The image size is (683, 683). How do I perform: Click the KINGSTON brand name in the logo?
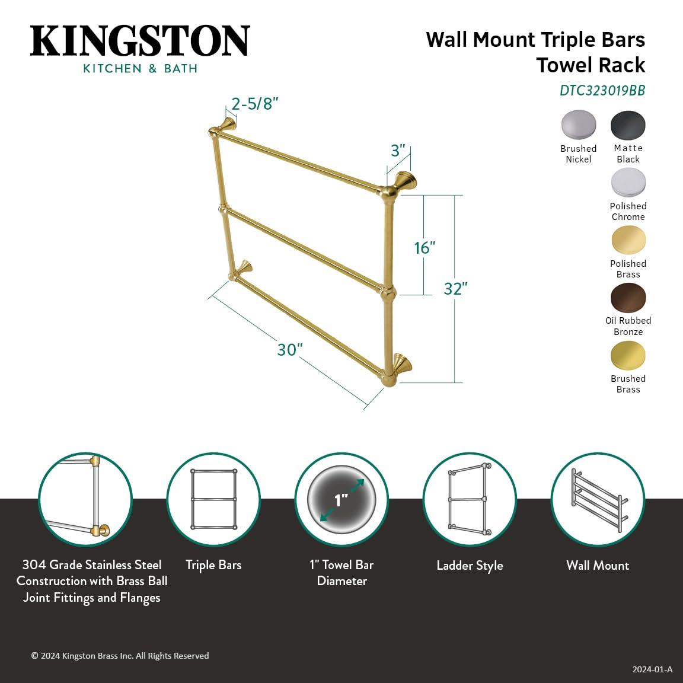pos(140,41)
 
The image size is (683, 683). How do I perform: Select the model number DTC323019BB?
pos(602,91)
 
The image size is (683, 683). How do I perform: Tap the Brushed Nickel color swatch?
pos(578,125)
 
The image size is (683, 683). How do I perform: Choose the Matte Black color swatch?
pos(628,125)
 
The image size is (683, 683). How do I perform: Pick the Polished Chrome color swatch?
pos(628,183)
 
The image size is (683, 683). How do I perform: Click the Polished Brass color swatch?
pos(628,240)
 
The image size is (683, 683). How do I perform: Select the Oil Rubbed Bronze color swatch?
pos(628,298)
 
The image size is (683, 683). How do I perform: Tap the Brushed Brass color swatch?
pos(628,355)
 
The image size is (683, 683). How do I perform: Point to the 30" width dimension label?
pos(290,350)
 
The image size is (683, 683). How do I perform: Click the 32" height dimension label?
pos(455,288)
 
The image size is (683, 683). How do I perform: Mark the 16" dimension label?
pos(425,247)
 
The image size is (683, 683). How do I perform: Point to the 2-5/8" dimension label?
pos(255,104)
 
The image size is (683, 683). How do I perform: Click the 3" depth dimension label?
pos(398,151)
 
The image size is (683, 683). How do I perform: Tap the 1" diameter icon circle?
pos(341,500)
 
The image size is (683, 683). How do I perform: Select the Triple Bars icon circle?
pos(213,500)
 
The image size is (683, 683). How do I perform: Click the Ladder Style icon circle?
pos(470,500)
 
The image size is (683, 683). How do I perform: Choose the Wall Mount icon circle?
pos(598,500)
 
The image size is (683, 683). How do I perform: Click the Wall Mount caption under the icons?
pos(598,566)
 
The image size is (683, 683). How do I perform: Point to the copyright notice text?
pos(120,656)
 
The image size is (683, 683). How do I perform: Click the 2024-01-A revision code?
pos(652,669)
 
